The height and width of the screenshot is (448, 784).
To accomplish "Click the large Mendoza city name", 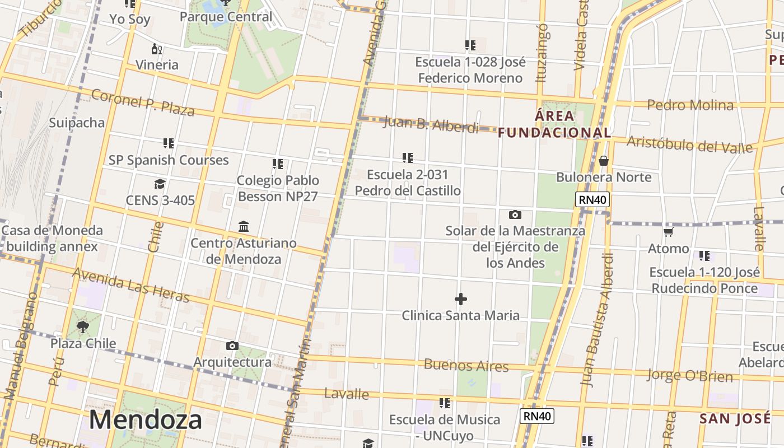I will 145,419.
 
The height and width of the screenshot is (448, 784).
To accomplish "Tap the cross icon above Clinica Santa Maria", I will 461,299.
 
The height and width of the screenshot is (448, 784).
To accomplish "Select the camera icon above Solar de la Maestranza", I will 515,214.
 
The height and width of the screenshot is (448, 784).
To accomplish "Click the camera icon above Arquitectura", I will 232,346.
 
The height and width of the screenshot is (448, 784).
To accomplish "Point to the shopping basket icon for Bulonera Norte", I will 604,161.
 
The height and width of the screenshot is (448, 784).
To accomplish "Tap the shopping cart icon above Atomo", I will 668,232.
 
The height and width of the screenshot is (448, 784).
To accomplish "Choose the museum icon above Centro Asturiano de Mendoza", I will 244,227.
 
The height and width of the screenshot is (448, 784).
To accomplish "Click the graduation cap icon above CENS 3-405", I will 160,184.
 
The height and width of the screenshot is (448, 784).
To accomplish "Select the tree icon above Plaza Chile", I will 83,326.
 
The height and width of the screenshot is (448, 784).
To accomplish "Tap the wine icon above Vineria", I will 157,49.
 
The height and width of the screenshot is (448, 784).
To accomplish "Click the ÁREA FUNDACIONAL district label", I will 554,124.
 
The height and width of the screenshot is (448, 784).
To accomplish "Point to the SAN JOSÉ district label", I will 735,418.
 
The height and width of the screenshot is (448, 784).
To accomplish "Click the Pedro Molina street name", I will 690,105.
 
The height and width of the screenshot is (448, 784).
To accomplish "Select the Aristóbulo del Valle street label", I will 689,144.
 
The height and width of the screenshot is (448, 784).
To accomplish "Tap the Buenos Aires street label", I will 466,366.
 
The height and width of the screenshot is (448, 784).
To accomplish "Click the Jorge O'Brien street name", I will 690,375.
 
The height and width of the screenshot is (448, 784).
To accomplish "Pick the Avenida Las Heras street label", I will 131,285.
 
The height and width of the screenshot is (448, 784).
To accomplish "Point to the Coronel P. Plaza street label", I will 143,103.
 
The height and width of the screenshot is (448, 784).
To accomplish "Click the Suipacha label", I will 77,123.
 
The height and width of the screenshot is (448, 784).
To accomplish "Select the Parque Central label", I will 226,17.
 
